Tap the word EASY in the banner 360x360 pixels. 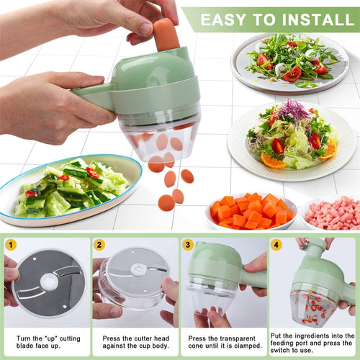point(225,19)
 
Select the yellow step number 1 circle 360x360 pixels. point(10,245)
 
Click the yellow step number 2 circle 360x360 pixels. point(99,245)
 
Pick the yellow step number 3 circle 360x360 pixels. point(188,245)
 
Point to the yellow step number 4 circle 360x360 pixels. point(276,245)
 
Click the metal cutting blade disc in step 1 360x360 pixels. point(49,284)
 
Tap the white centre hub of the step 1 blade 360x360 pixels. point(49,282)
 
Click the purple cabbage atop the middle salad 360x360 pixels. point(294,112)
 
